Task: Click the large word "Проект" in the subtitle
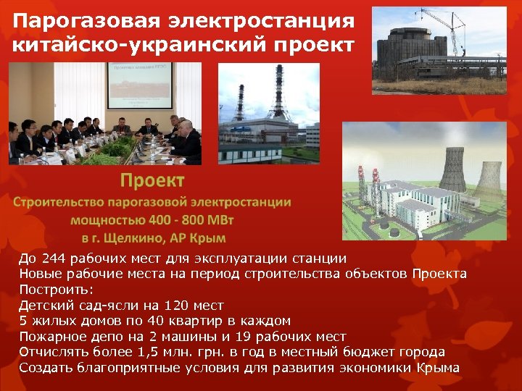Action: coord(152,180)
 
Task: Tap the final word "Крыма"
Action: coord(438,368)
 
